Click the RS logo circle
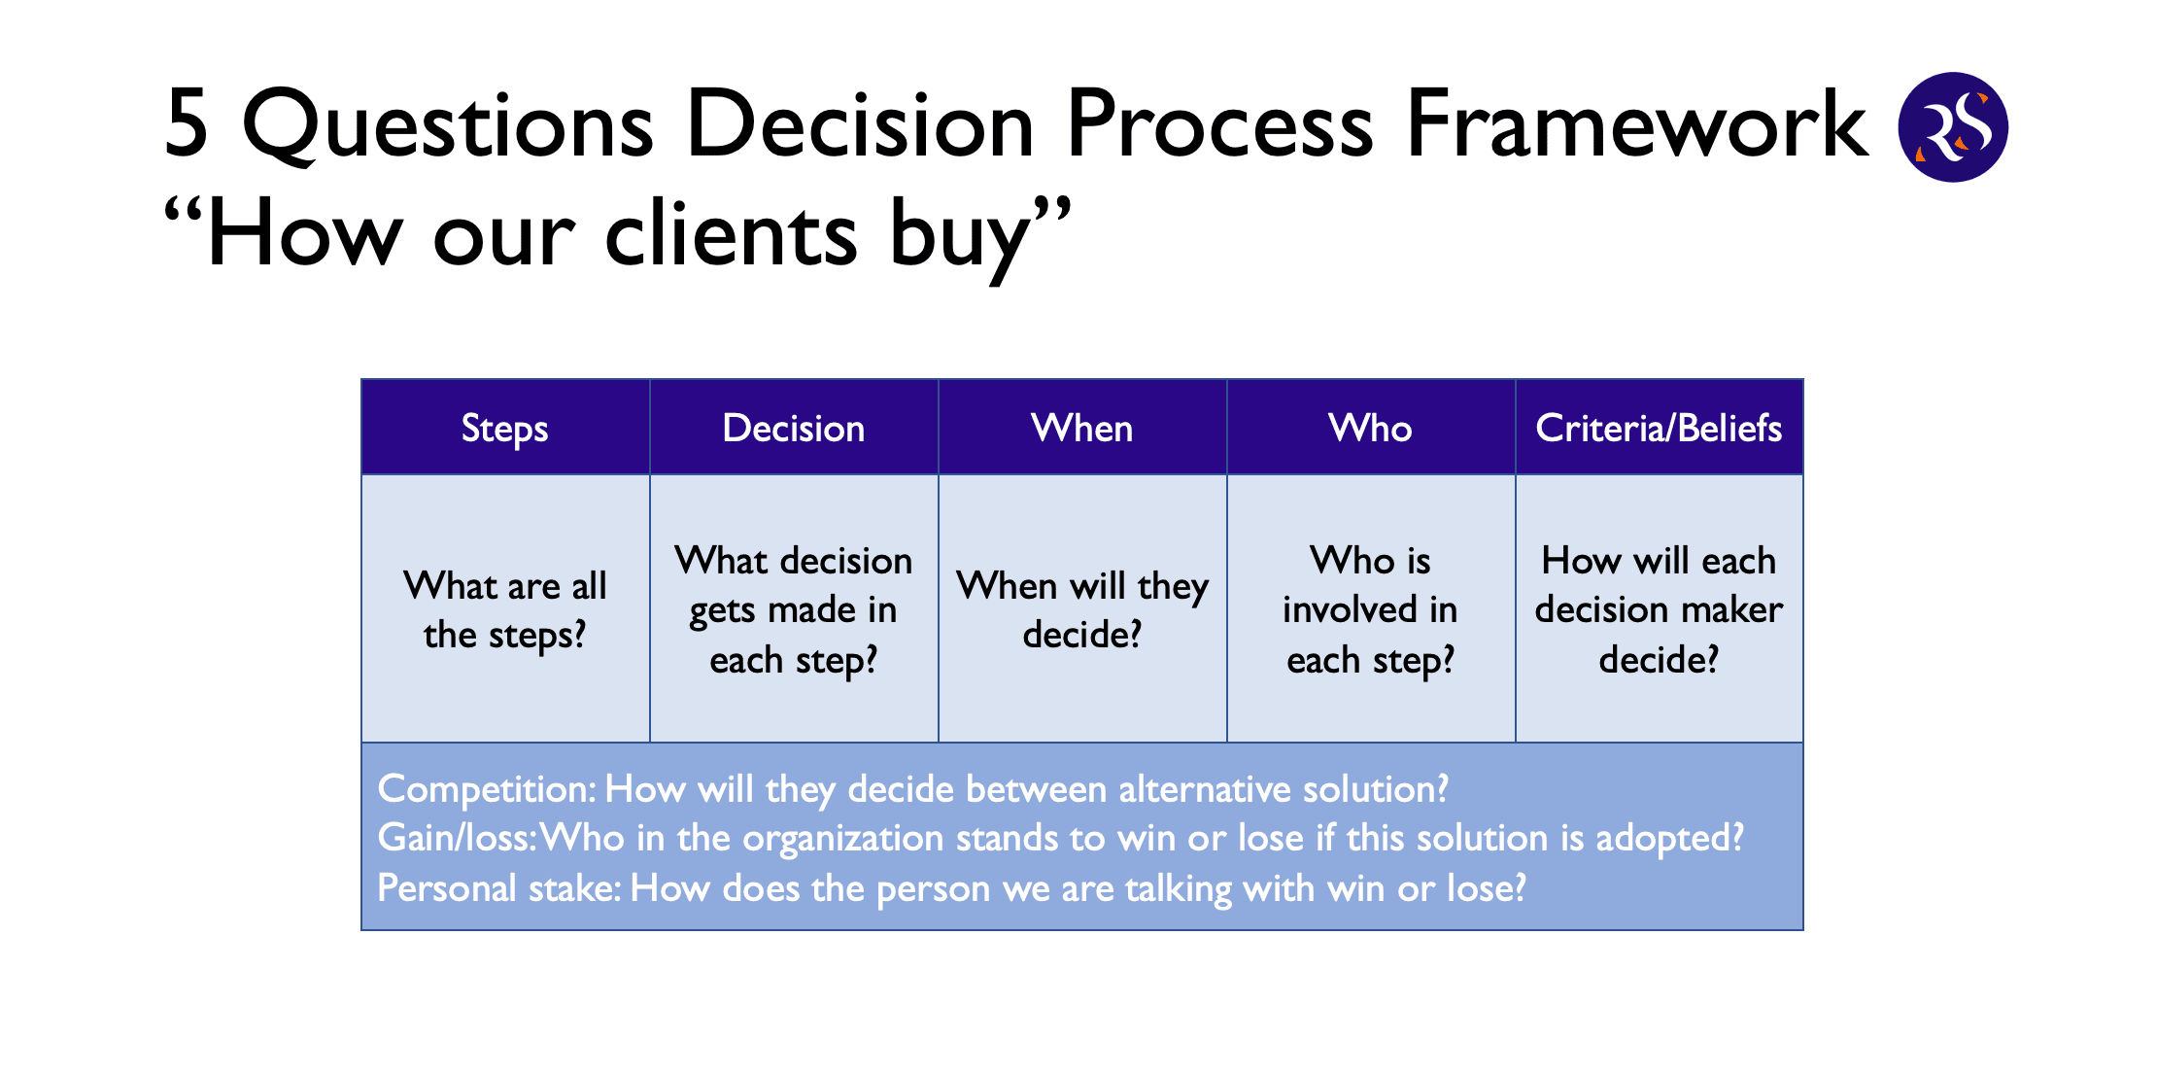[1953, 126]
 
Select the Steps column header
[505, 427]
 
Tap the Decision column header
[794, 427]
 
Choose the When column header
[1082, 427]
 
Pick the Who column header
[1371, 427]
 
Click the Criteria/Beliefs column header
[1660, 427]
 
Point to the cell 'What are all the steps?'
[505, 608]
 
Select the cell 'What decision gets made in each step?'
[794, 608]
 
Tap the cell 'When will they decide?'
[1082, 608]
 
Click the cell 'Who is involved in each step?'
[1371, 608]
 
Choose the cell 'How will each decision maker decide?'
[1660, 608]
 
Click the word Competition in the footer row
[484, 789]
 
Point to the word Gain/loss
[454, 838]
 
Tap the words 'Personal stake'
[496, 887]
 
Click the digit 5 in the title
[187, 122]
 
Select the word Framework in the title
[1636, 122]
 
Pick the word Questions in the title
[448, 124]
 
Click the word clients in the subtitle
[731, 233]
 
